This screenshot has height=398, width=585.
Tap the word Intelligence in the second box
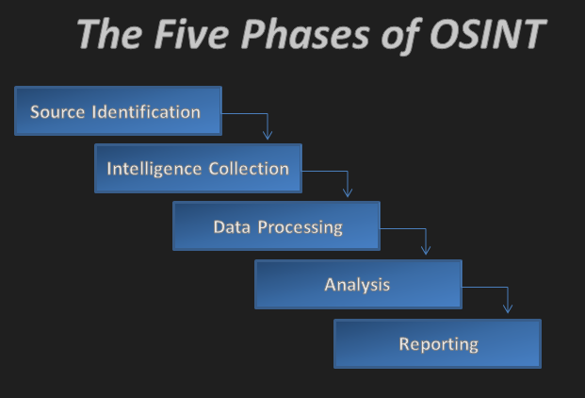[154, 169]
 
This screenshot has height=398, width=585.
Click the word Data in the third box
[232, 226]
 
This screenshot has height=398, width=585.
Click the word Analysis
[357, 284]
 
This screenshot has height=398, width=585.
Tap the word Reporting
[438, 344]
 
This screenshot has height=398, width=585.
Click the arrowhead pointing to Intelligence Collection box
[268, 135]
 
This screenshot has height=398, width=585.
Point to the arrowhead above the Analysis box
[426, 250]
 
